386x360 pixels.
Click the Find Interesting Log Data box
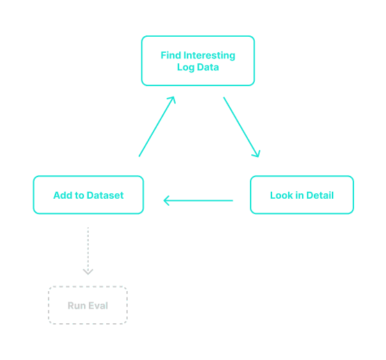tap(198, 61)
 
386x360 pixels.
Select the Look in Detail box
tap(301, 195)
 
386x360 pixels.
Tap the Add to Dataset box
tap(88, 195)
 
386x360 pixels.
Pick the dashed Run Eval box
tap(87, 305)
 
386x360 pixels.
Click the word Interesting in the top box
tap(210, 56)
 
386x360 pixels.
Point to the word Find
tap(171, 56)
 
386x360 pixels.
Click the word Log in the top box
tap(184, 67)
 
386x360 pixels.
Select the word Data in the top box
tap(208, 67)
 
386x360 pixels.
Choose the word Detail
tap(319, 195)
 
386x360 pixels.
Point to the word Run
tap(76, 306)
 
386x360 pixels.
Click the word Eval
tap(98, 306)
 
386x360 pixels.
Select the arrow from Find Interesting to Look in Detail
tap(241, 127)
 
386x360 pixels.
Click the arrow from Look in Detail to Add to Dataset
tap(198, 201)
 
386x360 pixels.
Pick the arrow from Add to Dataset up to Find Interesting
tap(157, 126)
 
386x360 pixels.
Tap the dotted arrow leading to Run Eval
tap(87, 249)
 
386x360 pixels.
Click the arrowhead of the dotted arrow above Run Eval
tap(87, 272)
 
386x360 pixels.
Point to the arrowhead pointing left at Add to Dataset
tap(167, 201)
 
